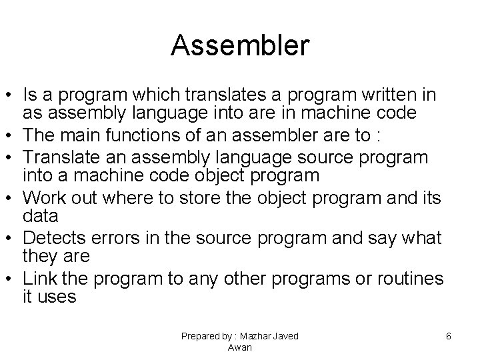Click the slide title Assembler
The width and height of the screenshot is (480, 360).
pyautogui.click(x=240, y=45)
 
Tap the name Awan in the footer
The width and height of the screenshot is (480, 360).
pyautogui.click(x=239, y=347)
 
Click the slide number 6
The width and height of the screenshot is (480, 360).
pyautogui.click(x=449, y=337)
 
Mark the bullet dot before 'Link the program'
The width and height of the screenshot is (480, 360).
pyautogui.click(x=11, y=279)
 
